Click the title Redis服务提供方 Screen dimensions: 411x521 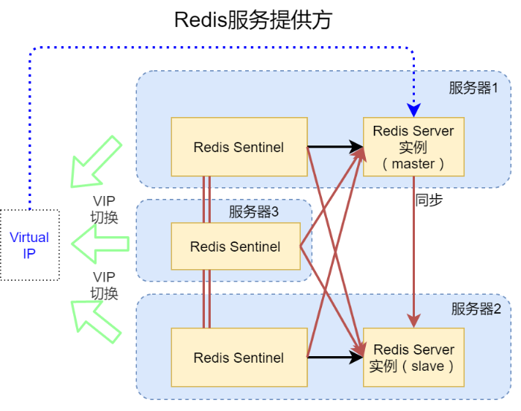[x=253, y=20]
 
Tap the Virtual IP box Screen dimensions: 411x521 [x=29, y=245]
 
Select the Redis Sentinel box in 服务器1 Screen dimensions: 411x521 [x=239, y=146]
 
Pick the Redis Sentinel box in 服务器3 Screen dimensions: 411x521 [x=235, y=246]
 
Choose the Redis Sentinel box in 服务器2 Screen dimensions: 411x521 [x=239, y=357]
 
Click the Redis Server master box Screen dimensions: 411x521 [x=413, y=146]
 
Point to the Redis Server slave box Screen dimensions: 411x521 [x=413, y=358]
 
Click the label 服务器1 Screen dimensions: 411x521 [x=473, y=88]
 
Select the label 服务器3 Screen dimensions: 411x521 [x=253, y=212]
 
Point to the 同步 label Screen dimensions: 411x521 [x=429, y=200]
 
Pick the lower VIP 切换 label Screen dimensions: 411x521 [x=104, y=285]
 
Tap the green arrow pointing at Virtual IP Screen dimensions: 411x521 [x=100, y=245]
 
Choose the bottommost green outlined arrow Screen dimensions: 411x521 [x=95, y=320]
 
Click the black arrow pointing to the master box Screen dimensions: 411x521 [x=335, y=146]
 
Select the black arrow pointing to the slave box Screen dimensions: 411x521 [x=335, y=358]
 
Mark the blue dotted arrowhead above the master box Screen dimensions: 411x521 [x=413, y=110]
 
